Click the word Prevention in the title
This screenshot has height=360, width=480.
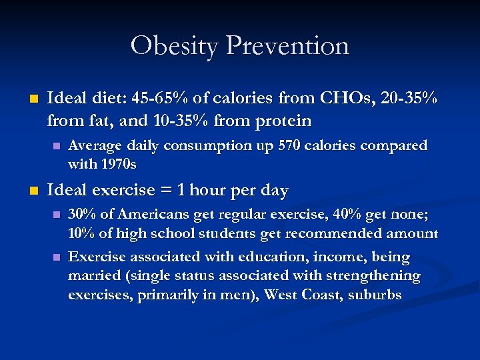click(x=287, y=46)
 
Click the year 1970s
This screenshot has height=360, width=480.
click(x=118, y=163)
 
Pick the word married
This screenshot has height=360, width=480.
click(x=95, y=275)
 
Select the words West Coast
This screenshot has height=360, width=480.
click(x=303, y=294)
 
